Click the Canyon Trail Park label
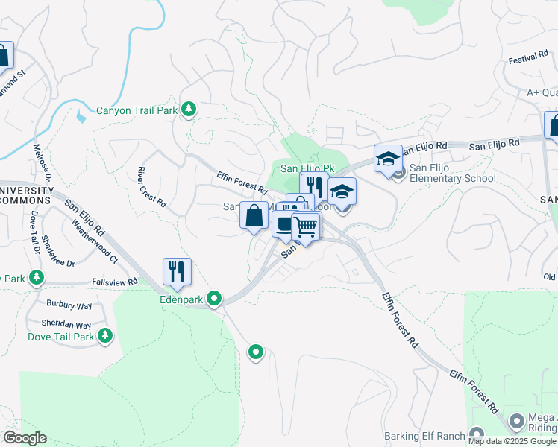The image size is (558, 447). [x=137, y=111]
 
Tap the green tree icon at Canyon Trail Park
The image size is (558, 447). [x=189, y=110]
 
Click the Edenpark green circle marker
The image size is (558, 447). [x=215, y=299]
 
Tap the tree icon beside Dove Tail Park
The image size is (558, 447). [x=104, y=335]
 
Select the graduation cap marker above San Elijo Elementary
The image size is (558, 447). [x=388, y=158]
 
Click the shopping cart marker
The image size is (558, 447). [x=306, y=226]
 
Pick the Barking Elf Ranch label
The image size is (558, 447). [x=424, y=436]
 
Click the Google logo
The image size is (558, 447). [x=25, y=438]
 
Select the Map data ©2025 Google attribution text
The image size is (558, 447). [x=512, y=441]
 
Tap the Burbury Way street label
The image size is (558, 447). [x=69, y=305]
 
